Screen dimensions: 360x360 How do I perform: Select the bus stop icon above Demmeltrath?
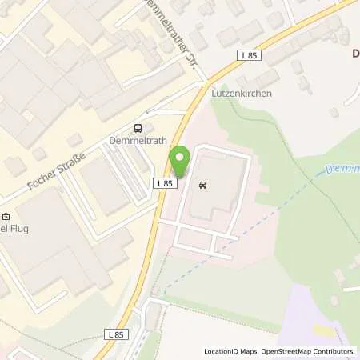139,127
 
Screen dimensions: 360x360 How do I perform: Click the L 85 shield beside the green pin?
164,183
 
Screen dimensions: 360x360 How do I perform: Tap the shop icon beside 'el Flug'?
6,216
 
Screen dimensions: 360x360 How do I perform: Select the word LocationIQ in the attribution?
222,351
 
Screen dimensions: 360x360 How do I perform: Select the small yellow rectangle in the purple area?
325,330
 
